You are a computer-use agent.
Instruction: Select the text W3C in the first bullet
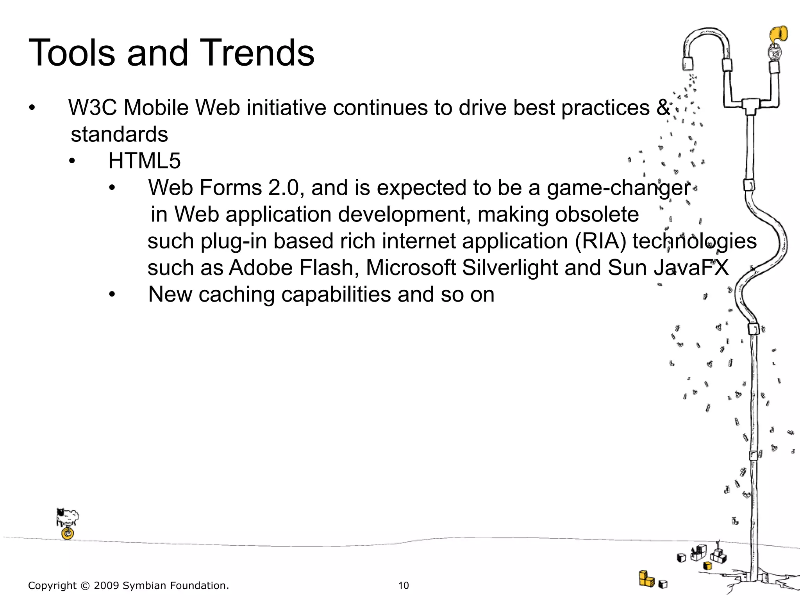[92, 107]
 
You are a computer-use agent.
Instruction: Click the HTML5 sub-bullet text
[145, 161]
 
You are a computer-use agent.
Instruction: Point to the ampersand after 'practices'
[663, 107]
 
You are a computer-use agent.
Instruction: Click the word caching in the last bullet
[237, 295]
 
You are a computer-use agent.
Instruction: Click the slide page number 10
[403, 586]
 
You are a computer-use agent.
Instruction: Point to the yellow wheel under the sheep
[68, 533]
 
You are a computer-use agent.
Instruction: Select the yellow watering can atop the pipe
[778, 35]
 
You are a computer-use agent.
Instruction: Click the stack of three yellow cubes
[646, 579]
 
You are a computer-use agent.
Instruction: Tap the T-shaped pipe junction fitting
[750, 105]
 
